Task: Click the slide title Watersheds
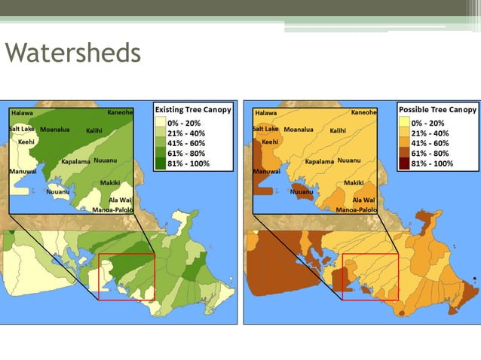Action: [x=72, y=53]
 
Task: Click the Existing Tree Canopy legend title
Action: [x=193, y=109]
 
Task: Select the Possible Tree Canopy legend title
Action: [x=437, y=109]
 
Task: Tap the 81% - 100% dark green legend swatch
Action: [x=161, y=163]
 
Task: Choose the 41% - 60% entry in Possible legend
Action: [x=430, y=142]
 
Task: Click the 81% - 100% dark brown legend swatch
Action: [x=405, y=163]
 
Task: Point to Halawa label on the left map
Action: [x=22, y=114]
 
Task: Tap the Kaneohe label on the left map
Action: [x=120, y=112]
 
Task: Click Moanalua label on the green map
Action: [x=56, y=130]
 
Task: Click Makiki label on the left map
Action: [x=111, y=183]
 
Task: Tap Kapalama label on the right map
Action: [x=319, y=162]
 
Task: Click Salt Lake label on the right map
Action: [x=265, y=129]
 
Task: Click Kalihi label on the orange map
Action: [x=338, y=130]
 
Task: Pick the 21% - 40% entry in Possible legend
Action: [x=430, y=133]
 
